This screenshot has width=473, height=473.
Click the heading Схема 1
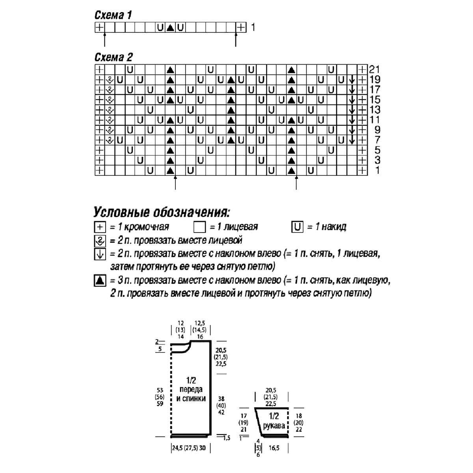113,15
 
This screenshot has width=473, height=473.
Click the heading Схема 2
114,57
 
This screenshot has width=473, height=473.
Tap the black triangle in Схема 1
170,28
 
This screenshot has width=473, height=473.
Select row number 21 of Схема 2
374,69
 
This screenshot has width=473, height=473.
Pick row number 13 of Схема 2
375,110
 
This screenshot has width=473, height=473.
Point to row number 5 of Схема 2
378,150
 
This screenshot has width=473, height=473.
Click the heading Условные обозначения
162,212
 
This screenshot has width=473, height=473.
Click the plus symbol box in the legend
100,227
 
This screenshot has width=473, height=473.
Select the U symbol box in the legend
297,227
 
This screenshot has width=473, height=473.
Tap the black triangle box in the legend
100,280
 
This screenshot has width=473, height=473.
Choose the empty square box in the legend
199,227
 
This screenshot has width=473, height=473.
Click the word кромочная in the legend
147,227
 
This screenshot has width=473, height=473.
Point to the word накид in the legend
334,227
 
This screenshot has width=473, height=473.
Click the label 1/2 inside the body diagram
191,380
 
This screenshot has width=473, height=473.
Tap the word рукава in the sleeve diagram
274,426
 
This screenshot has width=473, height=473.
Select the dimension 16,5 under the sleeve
274,448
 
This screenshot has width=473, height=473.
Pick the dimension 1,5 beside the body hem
227,438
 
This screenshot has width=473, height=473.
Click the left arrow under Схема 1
104,39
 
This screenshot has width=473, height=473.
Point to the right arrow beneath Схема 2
296,183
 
